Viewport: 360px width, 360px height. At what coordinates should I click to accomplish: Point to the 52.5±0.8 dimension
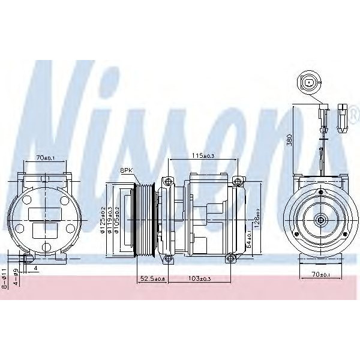pyautogui.click(x=152, y=279)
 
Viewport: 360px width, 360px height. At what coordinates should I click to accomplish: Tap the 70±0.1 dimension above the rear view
pyautogui.click(x=45, y=158)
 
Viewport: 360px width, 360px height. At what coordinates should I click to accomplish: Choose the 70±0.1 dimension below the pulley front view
pyautogui.click(x=322, y=274)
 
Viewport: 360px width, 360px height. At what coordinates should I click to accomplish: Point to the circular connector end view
pyautogui.click(x=309, y=82)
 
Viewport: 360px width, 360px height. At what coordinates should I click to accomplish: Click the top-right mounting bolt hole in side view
pyautogui.click(x=238, y=181)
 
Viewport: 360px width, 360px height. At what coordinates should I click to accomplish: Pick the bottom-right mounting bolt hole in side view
pyautogui.click(x=230, y=259)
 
